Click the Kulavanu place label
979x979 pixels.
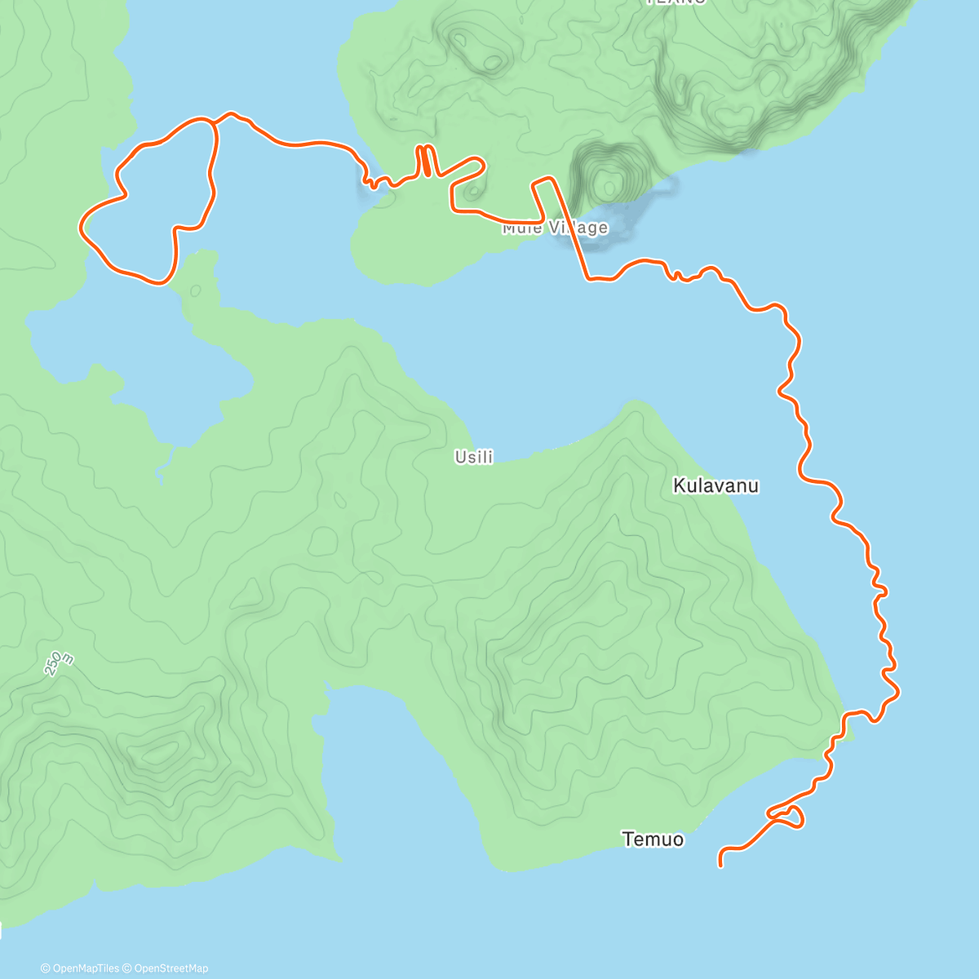(x=715, y=486)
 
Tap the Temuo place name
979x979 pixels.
(x=653, y=839)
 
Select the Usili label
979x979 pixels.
(x=474, y=458)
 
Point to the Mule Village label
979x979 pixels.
(x=555, y=228)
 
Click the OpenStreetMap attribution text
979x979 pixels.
(x=171, y=968)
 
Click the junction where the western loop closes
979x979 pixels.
(x=215, y=122)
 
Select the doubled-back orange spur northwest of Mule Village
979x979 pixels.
(x=425, y=160)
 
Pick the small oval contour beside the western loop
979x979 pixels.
(x=195, y=290)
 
